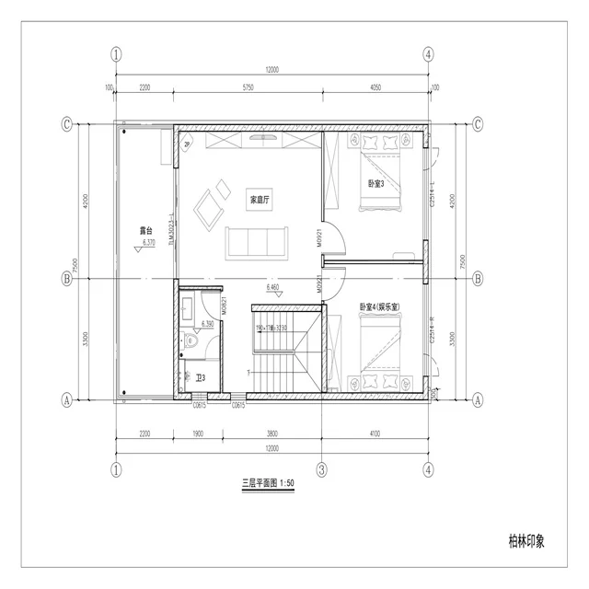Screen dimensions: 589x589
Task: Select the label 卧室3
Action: tap(376, 183)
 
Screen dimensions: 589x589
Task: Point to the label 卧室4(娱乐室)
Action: tap(378, 306)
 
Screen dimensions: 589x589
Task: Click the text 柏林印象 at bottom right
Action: tap(525, 540)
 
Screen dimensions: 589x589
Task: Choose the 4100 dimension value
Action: tap(375, 433)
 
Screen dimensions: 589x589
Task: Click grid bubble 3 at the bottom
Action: tap(321, 468)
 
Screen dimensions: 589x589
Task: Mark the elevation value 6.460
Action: tap(273, 288)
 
